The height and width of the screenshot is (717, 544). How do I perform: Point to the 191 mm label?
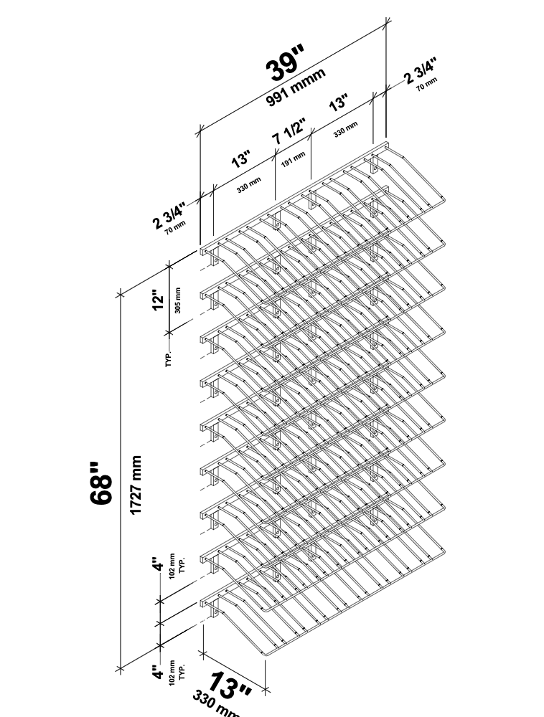pyautogui.click(x=293, y=158)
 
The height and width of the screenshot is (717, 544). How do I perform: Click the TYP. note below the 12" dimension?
pyautogui.click(x=169, y=359)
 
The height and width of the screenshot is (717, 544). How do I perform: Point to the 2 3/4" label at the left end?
pyautogui.click(x=169, y=216)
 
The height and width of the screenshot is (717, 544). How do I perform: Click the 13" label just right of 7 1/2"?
pyautogui.click(x=338, y=103)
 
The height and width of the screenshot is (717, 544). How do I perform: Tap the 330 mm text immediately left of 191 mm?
pyautogui.click(x=249, y=188)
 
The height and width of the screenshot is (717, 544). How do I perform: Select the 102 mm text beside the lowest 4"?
pyautogui.click(x=172, y=674)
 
